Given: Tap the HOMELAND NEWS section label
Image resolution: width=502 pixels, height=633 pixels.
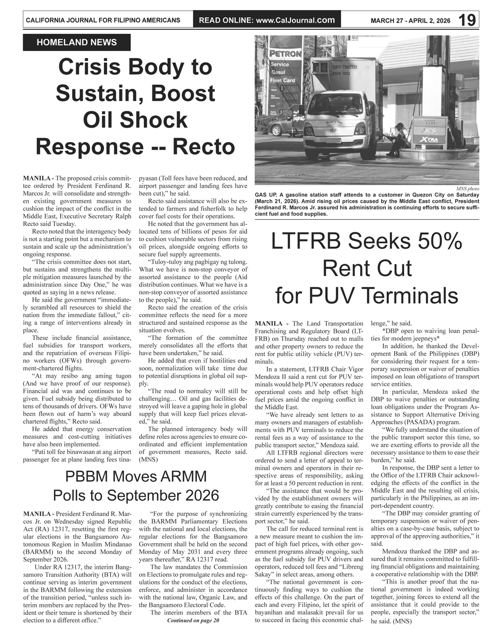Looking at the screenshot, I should (77, 43).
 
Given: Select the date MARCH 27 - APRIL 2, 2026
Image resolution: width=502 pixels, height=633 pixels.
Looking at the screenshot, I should (410, 21).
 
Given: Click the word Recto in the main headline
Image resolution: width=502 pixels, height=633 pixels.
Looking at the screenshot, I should (203, 147).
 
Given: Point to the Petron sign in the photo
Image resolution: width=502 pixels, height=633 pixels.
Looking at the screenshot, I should (285, 54).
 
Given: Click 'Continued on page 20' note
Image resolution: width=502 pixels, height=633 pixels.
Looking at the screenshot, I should (193, 620).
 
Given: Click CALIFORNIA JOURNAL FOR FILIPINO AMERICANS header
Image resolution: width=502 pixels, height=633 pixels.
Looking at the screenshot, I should (103, 20).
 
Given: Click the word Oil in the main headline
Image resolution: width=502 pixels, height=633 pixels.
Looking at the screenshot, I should (101, 120).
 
